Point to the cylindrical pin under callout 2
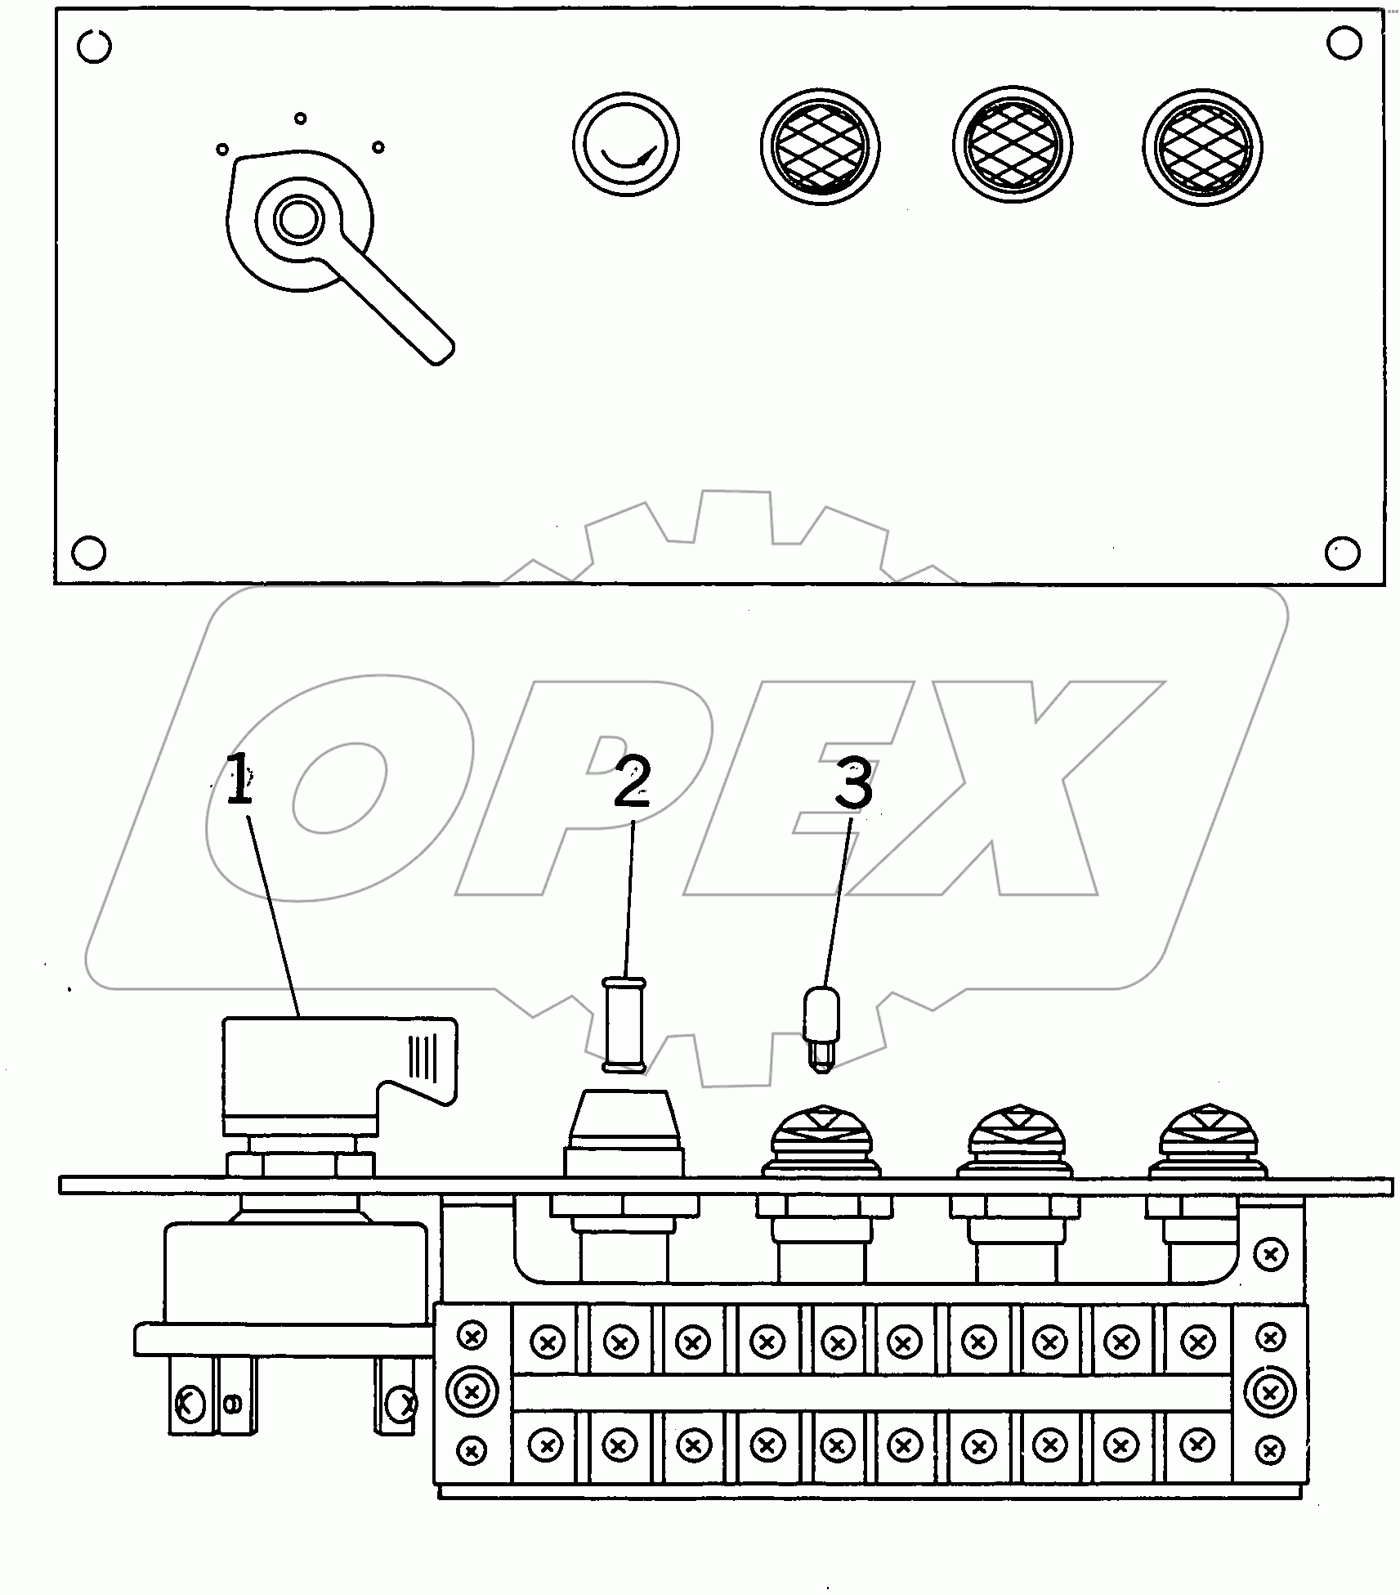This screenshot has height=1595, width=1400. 624,1024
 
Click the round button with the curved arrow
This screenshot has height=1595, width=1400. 625,146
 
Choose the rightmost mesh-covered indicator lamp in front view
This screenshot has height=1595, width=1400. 1201,148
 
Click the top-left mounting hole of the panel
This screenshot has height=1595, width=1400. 94,47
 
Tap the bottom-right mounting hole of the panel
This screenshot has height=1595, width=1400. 1342,553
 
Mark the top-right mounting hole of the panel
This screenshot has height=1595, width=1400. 1344,43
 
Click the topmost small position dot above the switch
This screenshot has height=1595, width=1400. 300,119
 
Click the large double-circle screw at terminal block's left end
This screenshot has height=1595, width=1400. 472,1414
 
